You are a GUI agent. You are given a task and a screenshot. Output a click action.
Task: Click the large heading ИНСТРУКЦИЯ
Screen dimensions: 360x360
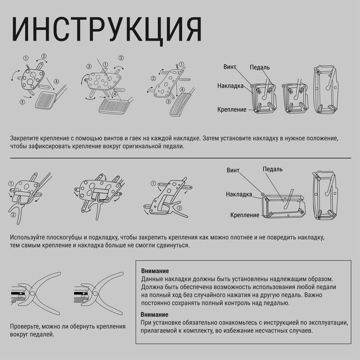click(106, 29)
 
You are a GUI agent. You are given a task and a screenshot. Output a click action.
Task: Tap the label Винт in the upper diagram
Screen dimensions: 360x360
click(230, 67)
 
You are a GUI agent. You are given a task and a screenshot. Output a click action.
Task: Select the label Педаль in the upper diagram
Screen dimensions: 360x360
click(260, 67)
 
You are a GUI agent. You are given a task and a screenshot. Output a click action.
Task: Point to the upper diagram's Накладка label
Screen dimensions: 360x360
click(230, 86)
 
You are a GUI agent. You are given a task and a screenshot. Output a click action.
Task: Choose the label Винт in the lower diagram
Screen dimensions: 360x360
click(233, 170)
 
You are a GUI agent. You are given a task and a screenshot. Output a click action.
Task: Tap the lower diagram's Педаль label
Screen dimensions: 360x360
click(273, 169)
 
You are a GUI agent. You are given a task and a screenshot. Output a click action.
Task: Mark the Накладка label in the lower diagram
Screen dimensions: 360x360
click(239, 194)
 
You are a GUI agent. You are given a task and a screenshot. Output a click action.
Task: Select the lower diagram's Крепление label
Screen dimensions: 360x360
click(245, 215)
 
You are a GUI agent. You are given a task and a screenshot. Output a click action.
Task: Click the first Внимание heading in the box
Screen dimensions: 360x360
click(155, 271)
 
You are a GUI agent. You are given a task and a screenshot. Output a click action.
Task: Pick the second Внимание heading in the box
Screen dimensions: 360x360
click(155, 314)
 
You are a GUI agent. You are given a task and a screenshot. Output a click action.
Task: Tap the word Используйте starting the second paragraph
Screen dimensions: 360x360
click(30, 238)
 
